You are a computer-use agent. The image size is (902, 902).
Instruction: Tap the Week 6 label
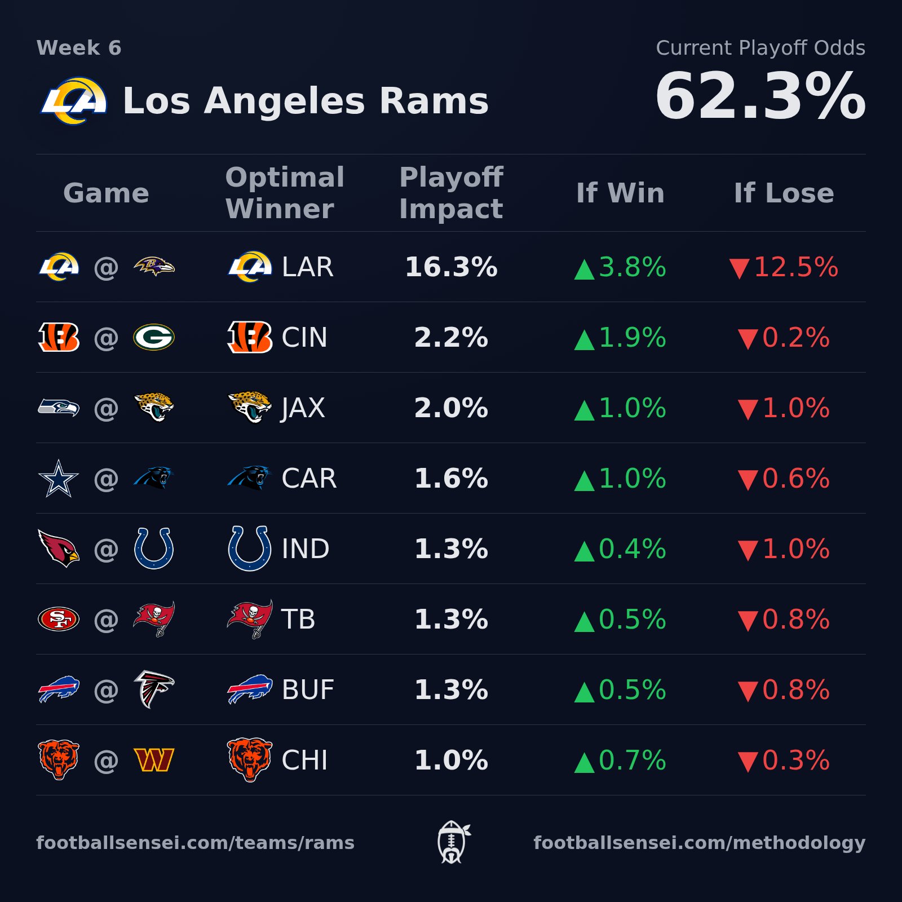click(x=79, y=48)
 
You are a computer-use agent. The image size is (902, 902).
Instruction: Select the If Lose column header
click(x=784, y=193)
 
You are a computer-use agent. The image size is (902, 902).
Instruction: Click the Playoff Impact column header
click(x=451, y=193)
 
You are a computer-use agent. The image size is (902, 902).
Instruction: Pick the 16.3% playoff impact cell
click(x=451, y=267)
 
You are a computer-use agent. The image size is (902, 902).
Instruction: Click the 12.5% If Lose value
click(x=784, y=267)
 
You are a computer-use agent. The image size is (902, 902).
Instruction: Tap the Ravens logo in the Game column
click(x=154, y=266)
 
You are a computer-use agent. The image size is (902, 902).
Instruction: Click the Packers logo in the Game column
click(x=154, y=337)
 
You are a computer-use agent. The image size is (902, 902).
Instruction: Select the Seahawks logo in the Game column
click(x=59, y=407)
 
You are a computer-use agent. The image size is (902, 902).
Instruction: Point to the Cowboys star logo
click(x=59, y=479)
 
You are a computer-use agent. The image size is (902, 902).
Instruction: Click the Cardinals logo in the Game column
click(x=59, y=548)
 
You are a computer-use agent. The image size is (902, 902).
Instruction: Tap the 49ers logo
click(x=59, y=619)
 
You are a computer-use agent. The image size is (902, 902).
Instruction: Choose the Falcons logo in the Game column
click(x=154, y=689)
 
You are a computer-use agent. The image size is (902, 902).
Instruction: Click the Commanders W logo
click(x=154, y=760)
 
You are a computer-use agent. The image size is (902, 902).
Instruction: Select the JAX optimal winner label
click(x=303, y=408)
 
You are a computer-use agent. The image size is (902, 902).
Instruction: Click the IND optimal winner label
click(x=305, y=549)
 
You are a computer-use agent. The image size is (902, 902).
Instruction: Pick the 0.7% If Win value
click(x=620, y=760)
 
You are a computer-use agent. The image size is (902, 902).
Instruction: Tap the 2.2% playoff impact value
click(x=451, y=338)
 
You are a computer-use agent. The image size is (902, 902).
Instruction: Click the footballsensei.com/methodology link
click(x=699, y=843)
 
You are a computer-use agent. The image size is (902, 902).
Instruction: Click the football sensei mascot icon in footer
click(x=452, y=842)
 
